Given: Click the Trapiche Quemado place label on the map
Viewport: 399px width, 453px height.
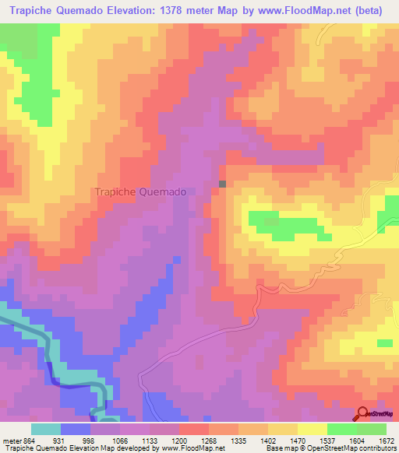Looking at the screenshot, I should pos(139,191).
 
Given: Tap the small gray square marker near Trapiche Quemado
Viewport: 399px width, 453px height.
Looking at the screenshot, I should pos(223,184).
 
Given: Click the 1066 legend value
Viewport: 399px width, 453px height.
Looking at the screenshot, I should pos(120,441).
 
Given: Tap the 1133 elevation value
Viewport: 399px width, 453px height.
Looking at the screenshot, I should pos(150,441).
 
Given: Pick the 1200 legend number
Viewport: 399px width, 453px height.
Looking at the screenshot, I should pos(179,441).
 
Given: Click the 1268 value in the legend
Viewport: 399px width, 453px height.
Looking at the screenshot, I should pos(209,441).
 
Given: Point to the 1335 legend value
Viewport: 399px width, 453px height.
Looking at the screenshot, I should pos(238,441).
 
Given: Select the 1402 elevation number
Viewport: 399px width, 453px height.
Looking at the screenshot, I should pos(268,441).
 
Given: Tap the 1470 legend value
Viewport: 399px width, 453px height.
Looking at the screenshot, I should pos(298,441).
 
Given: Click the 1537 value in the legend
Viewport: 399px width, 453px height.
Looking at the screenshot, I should pos(327,441).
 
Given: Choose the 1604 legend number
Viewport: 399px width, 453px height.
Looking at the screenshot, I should pos(357,441).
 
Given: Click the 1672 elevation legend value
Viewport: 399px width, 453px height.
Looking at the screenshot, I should pos(385,441).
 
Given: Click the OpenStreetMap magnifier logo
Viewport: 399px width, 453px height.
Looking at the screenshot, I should pos(363,413).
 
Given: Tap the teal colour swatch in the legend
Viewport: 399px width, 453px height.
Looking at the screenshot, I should pos(46,429).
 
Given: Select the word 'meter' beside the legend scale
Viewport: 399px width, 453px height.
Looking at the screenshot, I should pos(11,441).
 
